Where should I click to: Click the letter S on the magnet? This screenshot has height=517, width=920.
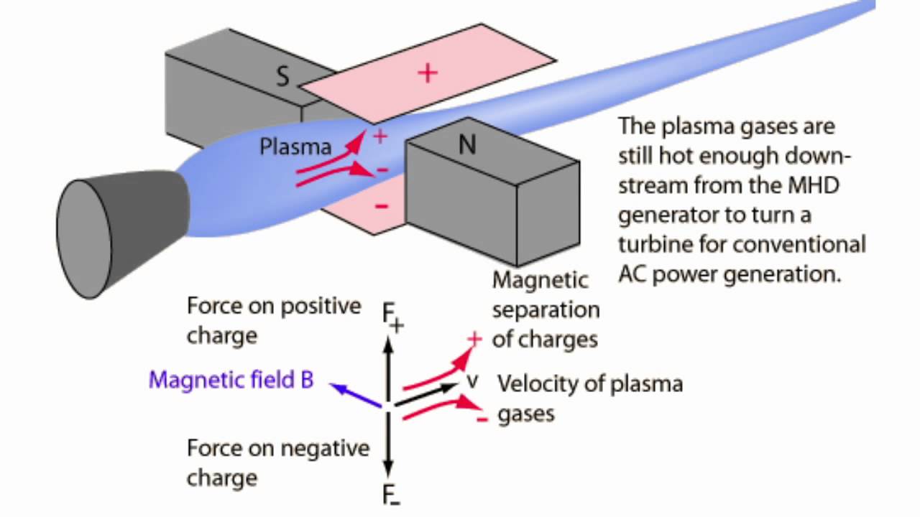283,76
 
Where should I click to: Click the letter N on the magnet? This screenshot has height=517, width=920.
467,145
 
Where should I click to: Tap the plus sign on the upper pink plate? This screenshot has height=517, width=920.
428,73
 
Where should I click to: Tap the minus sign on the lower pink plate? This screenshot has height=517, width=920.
381,207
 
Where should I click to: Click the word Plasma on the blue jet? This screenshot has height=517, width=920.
295,147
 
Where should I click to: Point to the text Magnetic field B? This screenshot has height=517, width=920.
231,380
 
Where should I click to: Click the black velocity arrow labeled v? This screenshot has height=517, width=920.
427,393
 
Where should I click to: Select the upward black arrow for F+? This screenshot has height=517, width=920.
388,366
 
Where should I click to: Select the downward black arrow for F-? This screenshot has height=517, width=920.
388,445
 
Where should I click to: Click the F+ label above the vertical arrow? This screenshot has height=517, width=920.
392,317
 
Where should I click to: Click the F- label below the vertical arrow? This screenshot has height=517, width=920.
392,495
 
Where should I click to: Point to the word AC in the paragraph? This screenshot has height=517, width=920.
631,274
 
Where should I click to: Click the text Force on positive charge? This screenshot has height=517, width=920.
273,320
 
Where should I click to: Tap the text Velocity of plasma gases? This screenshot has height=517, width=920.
589,398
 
